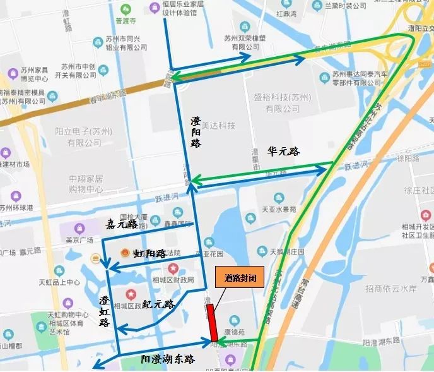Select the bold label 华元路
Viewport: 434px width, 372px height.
click(283, 152)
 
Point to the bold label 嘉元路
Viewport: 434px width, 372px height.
click(122, 224)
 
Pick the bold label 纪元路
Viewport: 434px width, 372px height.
click(158, 304)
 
